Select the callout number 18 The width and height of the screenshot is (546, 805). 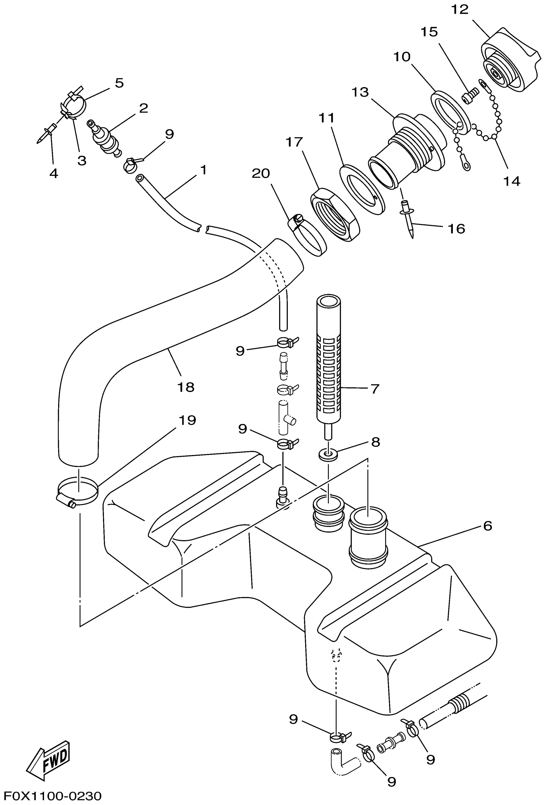(186, 387)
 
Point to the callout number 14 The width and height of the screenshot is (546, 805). (511, 181)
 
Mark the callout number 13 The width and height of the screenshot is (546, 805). (360, 93)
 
